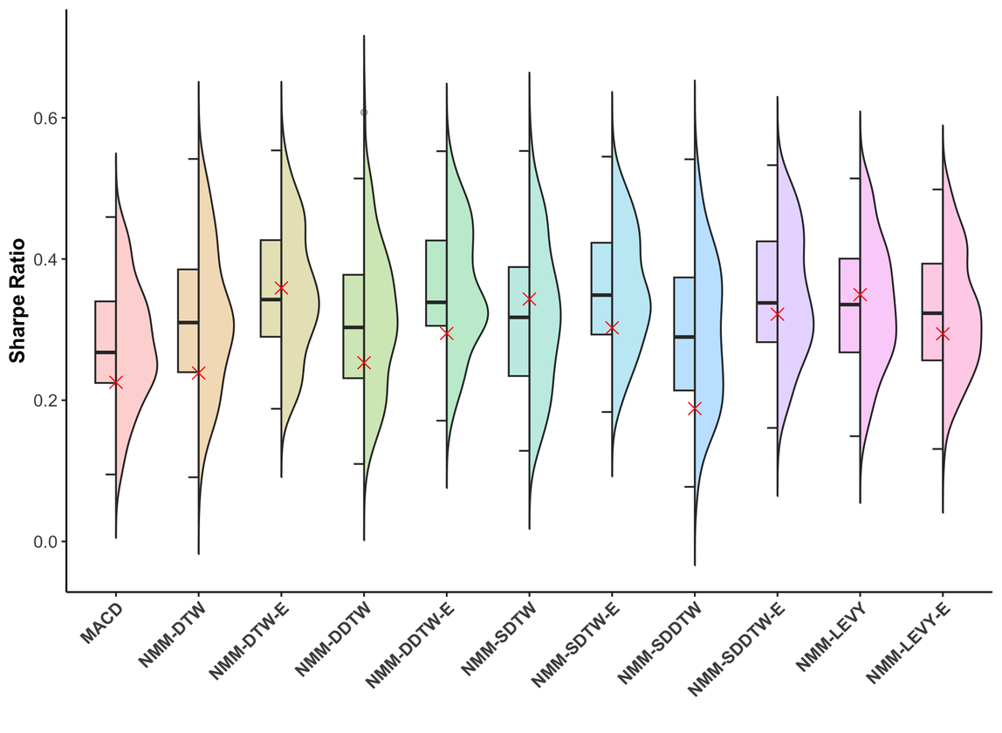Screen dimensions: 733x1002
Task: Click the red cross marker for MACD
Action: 116,382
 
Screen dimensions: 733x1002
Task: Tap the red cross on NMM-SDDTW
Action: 695,408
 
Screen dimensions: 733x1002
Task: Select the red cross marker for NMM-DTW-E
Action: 281,288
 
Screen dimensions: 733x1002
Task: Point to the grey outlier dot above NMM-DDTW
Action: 364,113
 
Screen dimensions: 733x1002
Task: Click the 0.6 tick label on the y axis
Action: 42,118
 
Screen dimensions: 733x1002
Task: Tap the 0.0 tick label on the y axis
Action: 42,542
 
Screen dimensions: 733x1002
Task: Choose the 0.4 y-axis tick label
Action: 42,259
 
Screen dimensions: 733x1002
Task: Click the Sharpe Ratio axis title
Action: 17,301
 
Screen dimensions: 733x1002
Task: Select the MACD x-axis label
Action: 101,622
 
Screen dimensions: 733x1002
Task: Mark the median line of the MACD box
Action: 106,352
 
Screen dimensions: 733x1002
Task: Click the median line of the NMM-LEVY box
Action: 849,304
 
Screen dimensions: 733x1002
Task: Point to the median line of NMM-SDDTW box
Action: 684,337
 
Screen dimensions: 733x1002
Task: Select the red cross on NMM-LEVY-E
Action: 943,333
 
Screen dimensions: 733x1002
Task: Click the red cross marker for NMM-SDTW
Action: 529,298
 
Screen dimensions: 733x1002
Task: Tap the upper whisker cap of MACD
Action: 111,216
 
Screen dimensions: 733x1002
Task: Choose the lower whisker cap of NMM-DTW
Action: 194,477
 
